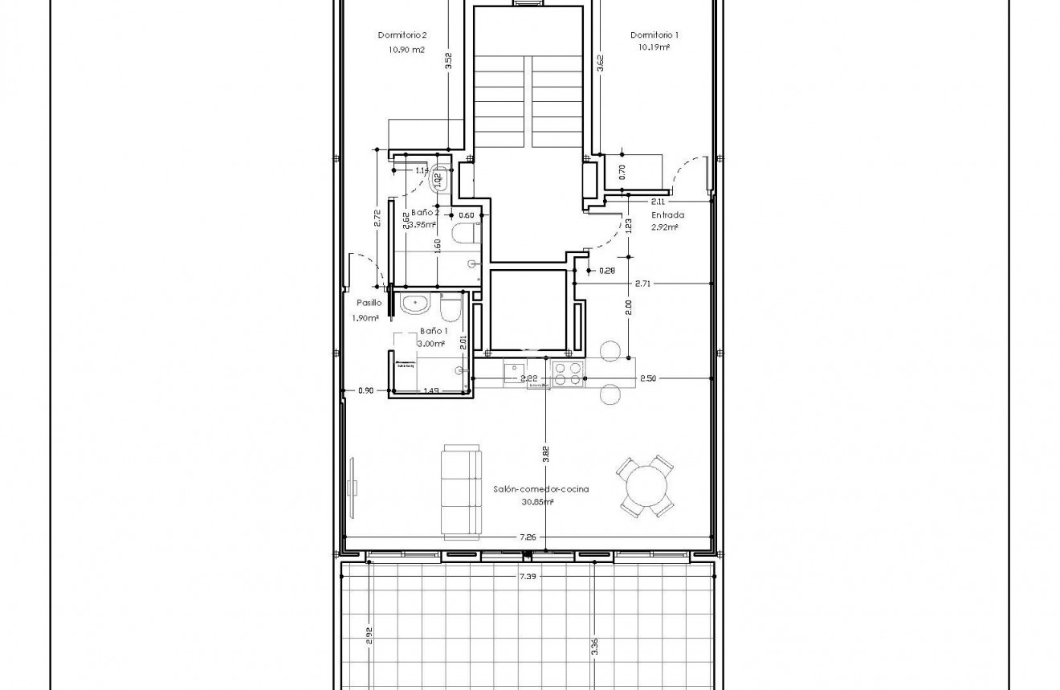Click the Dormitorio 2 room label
(402, 35)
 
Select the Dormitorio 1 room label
(654, 35)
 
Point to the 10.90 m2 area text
(406, 49)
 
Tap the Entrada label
(667, 214)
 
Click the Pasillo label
(369, 303)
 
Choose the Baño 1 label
(434, 331)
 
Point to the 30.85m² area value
(537, 502)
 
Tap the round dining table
(647, 485)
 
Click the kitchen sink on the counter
(513, 373)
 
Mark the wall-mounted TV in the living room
(353, 487)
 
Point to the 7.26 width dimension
(528, 537)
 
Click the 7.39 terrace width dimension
(528, 576)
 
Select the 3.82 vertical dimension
(546, 454)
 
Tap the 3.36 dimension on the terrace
(594, 647)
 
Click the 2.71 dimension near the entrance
(642, 284)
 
